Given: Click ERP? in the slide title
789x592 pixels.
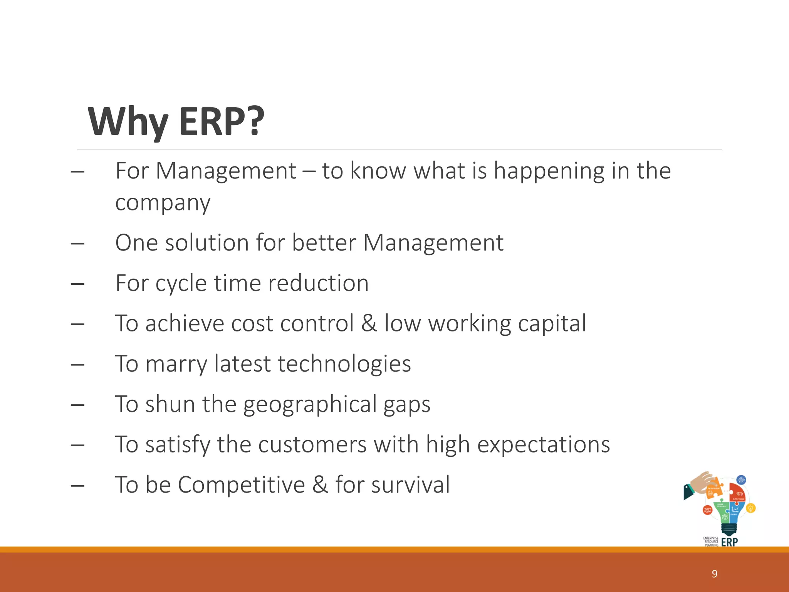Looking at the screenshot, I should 222,122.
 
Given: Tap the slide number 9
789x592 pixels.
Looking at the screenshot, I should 714,574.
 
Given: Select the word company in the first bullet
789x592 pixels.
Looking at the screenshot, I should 163,203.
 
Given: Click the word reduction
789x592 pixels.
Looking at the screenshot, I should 318,283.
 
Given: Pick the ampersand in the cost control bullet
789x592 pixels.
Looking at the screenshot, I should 369,323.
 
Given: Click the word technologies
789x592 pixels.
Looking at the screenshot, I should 344,364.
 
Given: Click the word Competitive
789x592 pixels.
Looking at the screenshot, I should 241,485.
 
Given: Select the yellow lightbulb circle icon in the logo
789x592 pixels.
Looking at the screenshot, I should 750,508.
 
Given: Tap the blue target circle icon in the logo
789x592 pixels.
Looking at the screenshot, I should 741,480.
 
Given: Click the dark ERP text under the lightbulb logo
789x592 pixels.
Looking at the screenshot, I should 729,542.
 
